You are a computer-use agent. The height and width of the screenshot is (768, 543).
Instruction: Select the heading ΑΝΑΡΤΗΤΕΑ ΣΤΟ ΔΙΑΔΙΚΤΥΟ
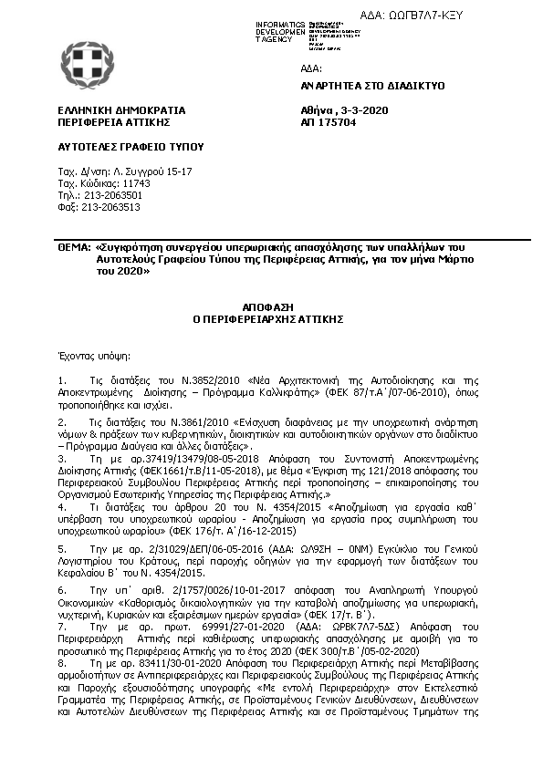point(371,84)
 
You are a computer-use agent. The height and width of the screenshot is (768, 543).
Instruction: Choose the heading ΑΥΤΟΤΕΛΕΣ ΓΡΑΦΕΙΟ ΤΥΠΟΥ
point(117,146)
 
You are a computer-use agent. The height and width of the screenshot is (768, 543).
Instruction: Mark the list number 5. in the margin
point(61,549)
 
